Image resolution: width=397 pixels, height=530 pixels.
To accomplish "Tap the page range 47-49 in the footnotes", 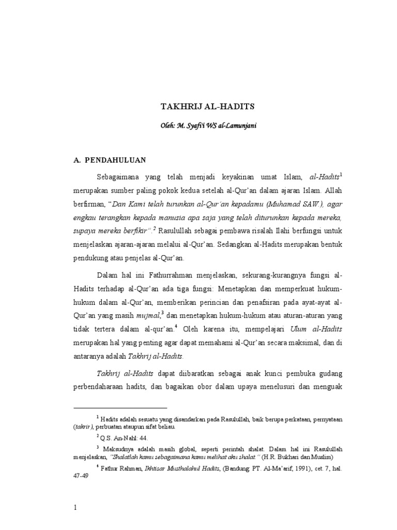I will (x=82, y=478).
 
